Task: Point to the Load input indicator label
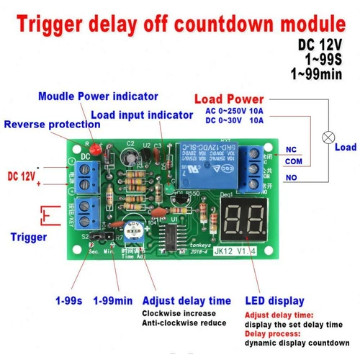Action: point(141,114)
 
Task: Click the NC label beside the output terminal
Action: point(291,150)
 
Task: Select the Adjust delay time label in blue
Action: point(186,300)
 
